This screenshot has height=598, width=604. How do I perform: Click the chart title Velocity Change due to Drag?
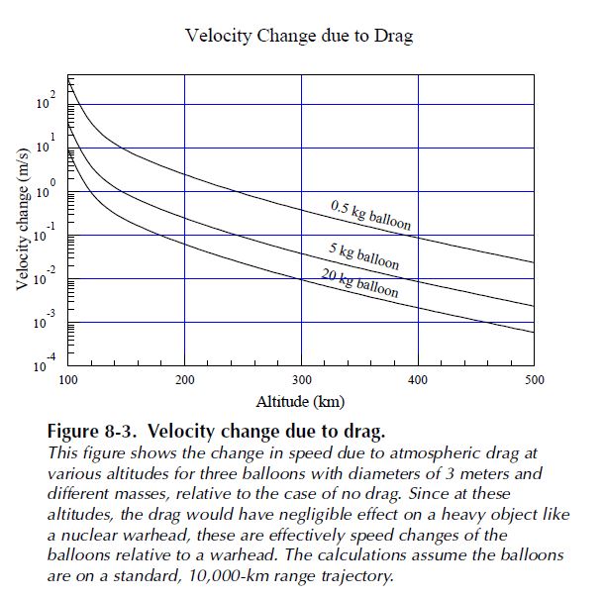pos(298,37)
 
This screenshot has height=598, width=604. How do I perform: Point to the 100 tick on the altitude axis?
pos(68,379)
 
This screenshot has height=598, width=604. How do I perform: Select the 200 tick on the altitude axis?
pos(184,379)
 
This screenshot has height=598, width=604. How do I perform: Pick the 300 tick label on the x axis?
pos(301,379)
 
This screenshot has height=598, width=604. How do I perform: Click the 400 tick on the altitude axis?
pos(418,379)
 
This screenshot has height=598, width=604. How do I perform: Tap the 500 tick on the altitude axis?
pos(534,379)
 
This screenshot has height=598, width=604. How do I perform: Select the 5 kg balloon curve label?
pos(364,255)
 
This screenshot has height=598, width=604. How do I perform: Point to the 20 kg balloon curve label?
pos(360,283)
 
